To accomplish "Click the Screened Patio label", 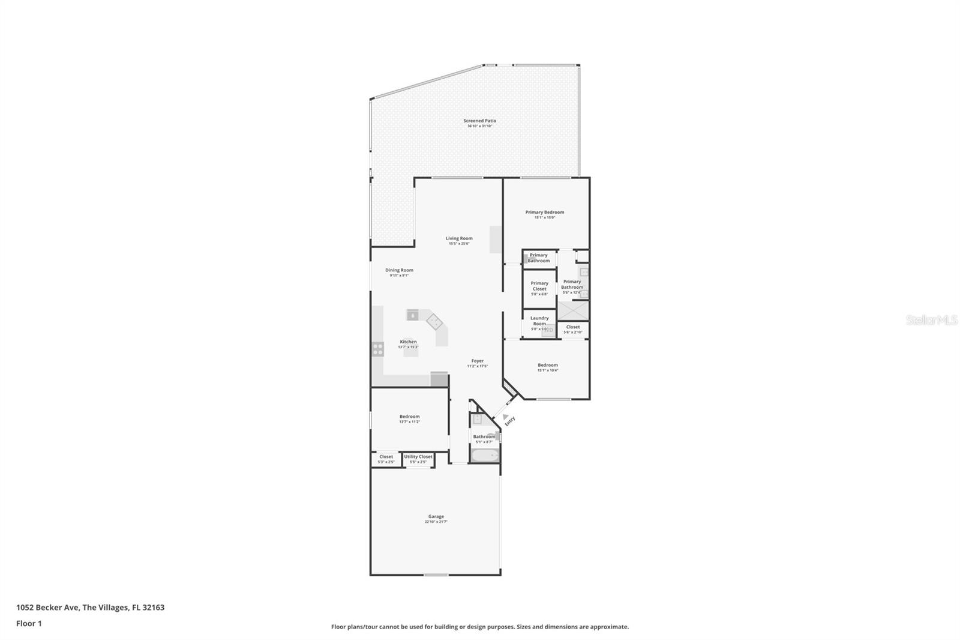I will tap(479, 121).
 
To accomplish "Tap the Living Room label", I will tap(459, 238).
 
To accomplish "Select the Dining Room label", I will tap(399, 270).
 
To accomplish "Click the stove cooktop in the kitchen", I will tap(377, 349).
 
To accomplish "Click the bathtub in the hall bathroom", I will tap(485, 456).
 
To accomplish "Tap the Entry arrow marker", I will tap(506, 417).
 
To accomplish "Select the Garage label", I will tap(436, 516).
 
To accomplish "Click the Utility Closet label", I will tap(418, 457).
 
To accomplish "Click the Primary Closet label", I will tap(539, 286).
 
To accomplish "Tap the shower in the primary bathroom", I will tap(573, 310).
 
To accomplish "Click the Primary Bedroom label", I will tap(545, 212).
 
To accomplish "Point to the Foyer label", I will tap(478, 361).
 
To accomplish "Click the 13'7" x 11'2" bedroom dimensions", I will tap(410, 422).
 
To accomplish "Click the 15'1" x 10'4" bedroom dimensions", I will tap(547, 370).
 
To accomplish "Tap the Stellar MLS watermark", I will tap(931, 321).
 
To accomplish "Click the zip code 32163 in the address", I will tap(154, 608).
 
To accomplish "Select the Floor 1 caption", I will tap(29, 624).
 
